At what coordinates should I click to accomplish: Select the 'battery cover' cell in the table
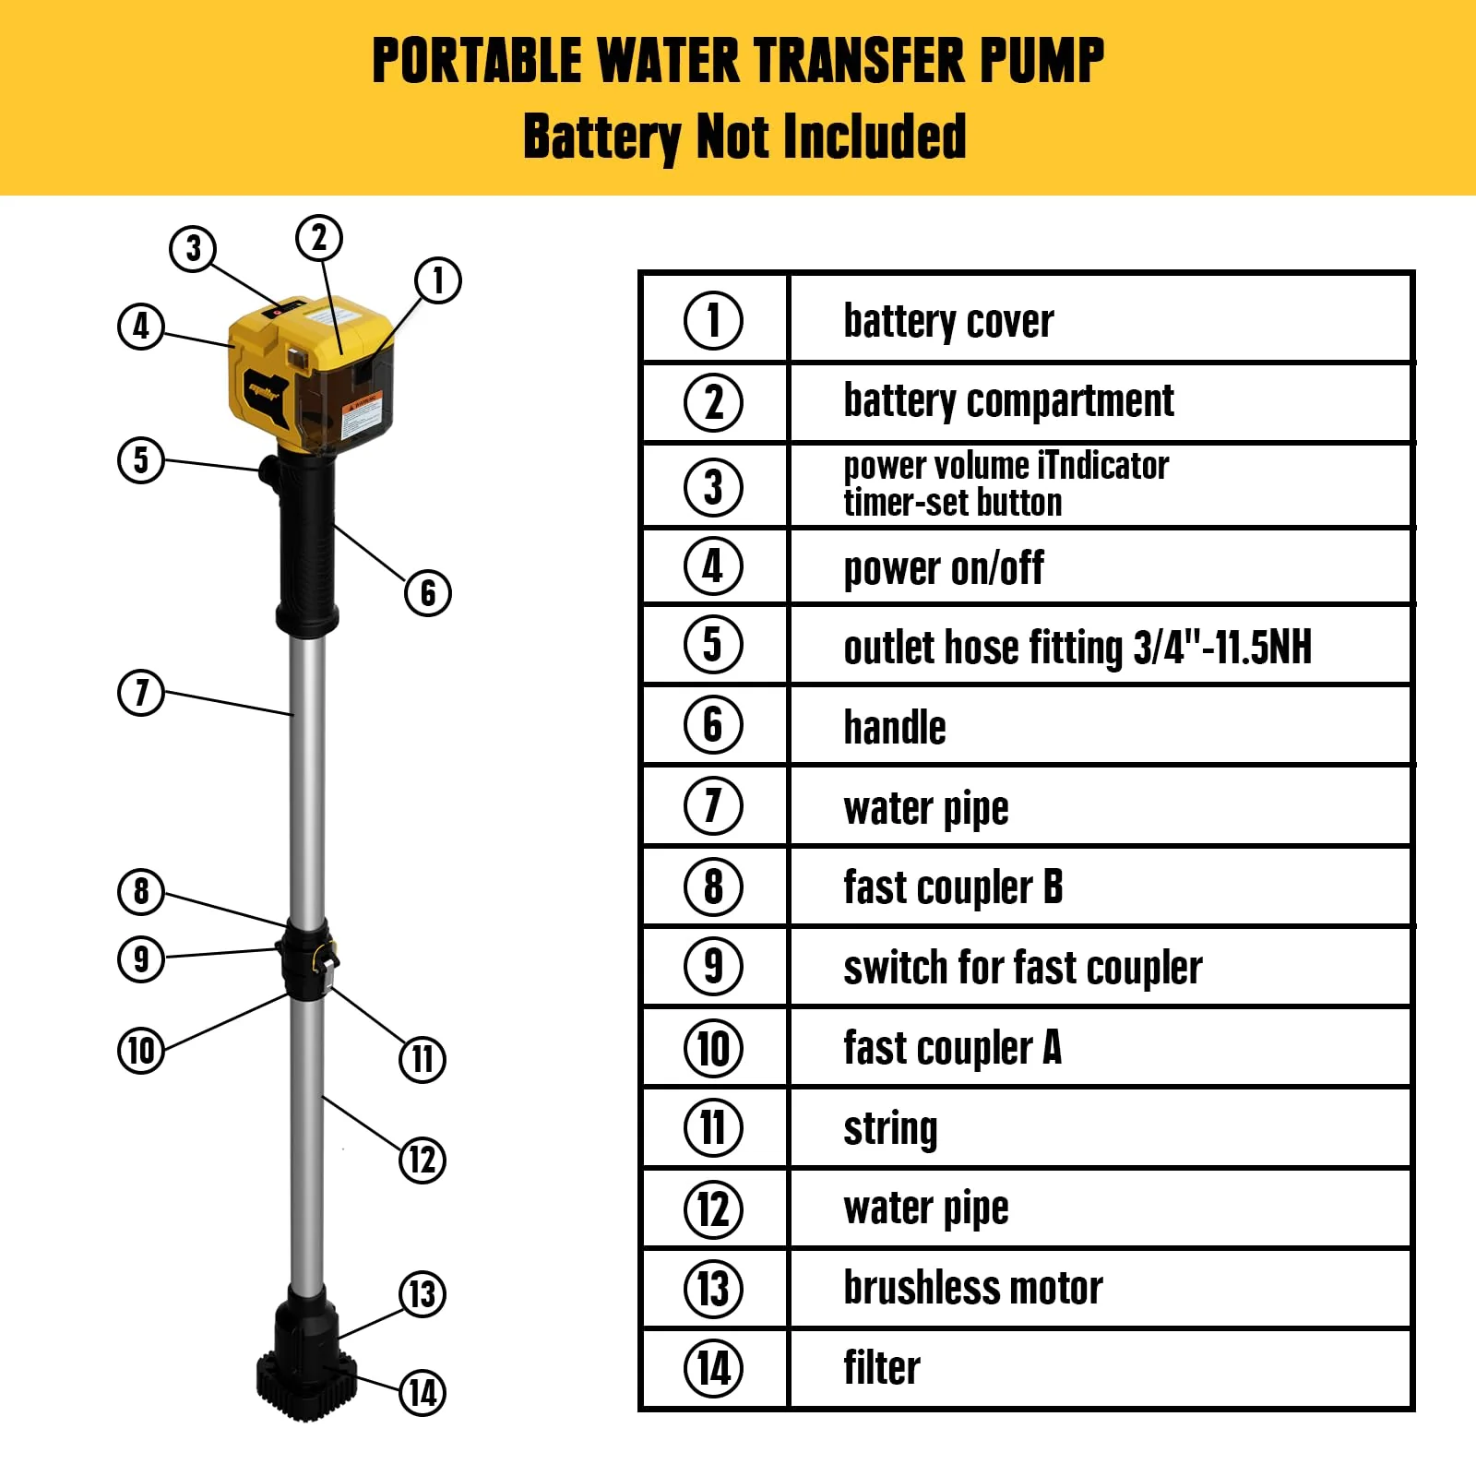click(948, 321)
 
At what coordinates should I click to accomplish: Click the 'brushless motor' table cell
click(972, 1288)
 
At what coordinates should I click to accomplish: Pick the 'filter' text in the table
click(882, 1368)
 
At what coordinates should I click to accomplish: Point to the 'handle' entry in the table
click(895, 727)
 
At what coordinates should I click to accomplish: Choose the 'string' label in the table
click(890, 1128)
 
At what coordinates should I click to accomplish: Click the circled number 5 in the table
click(713, 644)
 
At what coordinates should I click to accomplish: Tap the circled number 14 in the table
click(713, 1368)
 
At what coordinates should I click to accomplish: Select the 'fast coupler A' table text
click(952, 1048)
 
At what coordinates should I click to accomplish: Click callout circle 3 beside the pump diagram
click(193, 248)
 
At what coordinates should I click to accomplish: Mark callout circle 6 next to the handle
click(428, 592)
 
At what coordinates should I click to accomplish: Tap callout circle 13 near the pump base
click(423, 1293)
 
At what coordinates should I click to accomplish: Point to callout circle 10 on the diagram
click(141, 1050)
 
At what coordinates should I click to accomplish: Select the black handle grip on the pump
click(307, 544)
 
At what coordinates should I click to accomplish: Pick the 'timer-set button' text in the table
click(952, 504)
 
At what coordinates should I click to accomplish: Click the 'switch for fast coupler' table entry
click(1022, 968)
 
